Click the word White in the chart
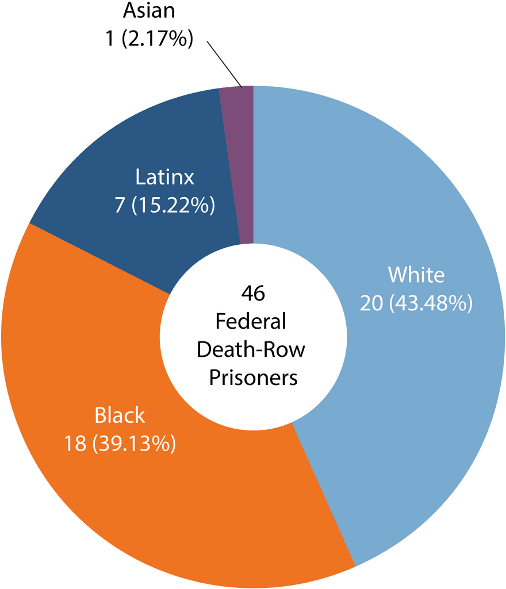tap(416, 275)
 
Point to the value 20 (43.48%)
tap(416, 303)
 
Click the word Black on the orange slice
tap(120, 415)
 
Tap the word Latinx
tap(165, 177)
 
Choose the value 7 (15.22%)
tap(165, 205)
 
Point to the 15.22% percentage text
tap(174, 205)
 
